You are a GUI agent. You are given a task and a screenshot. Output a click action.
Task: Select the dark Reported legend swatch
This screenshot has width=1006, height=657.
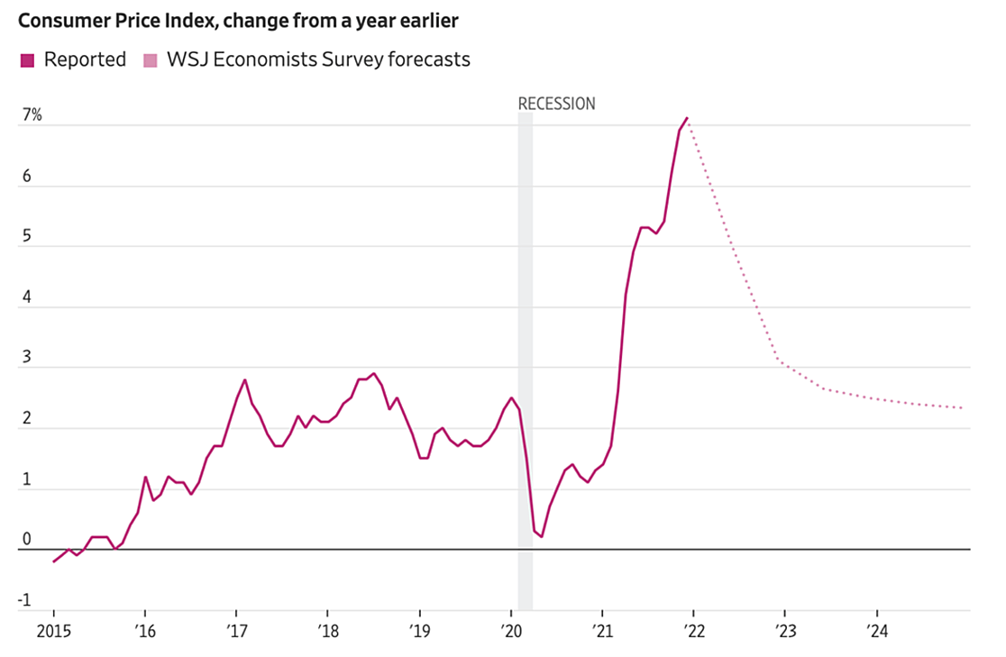[x=26, y=60]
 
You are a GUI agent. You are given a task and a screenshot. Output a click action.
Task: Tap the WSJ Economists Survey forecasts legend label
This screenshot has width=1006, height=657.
[x=318, y=60]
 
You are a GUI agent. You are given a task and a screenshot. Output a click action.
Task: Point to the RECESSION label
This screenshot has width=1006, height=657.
[x=556, y=104]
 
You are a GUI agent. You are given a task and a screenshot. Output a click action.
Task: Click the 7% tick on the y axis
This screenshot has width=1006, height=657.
[x=32, y=115]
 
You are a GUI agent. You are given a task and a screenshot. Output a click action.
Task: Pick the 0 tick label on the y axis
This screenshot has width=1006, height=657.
[x=26, y=540]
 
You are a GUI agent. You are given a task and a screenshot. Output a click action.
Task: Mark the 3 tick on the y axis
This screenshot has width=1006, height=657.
[x=26, y=357]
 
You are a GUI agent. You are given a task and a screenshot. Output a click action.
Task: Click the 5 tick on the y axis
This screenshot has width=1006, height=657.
[x=26, y=235]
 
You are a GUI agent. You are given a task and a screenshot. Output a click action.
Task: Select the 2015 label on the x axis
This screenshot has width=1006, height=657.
[x=53, y=630]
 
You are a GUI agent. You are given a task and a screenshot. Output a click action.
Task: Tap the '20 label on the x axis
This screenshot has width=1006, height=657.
[x=510, y=630]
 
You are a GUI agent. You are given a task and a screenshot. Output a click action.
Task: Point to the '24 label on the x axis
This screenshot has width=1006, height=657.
[x=875, y=630]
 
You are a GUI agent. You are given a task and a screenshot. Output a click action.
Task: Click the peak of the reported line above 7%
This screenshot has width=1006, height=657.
[x=687, y=118]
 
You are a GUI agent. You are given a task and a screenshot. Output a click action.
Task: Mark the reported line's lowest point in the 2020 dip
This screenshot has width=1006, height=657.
[x=542, y=537]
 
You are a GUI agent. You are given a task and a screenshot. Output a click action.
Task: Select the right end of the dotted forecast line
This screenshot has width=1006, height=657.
[x=962, y=408]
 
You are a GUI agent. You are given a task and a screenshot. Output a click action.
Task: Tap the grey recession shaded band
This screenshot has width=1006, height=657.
[x=525, y=360]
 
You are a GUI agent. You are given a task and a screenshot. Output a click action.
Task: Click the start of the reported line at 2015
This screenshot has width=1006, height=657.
[x=54, y=561]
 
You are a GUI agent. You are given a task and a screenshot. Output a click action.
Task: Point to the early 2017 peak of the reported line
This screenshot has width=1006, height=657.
[x=245, y=379]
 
